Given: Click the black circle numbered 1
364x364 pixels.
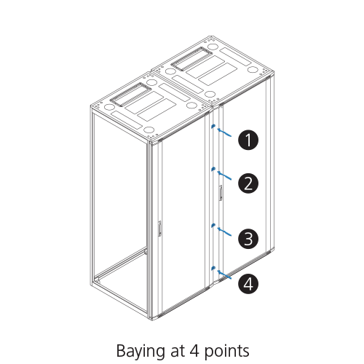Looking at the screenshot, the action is (x=248, y=140).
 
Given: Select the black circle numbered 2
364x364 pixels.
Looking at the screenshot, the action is (x=248, y=183).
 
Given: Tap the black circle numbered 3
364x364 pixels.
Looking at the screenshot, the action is (x=248, y=239).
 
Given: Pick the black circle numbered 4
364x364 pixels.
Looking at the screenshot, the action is (x=248, y=284).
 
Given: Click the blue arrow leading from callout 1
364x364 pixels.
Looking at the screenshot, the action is (x=224, y=132).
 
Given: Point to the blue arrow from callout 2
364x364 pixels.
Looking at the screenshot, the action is (x=224, y=175).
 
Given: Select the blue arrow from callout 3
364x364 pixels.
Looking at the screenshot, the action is (x=224, y=232).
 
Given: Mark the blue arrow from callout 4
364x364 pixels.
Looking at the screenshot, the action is (x=224, y=274).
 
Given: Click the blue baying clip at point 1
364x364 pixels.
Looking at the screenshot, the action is (x=213, y=126).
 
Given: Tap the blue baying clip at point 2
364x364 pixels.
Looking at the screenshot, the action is (x=213, y=169).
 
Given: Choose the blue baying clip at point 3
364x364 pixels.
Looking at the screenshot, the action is (x=213, y=225).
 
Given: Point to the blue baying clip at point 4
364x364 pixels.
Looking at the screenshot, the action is (x=213, y=268).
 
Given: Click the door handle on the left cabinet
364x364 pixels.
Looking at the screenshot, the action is (x=159, y=229).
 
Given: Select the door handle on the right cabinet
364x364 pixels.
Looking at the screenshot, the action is (x=221, y=193).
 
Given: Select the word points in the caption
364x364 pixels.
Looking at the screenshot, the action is (x=227, y=352).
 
